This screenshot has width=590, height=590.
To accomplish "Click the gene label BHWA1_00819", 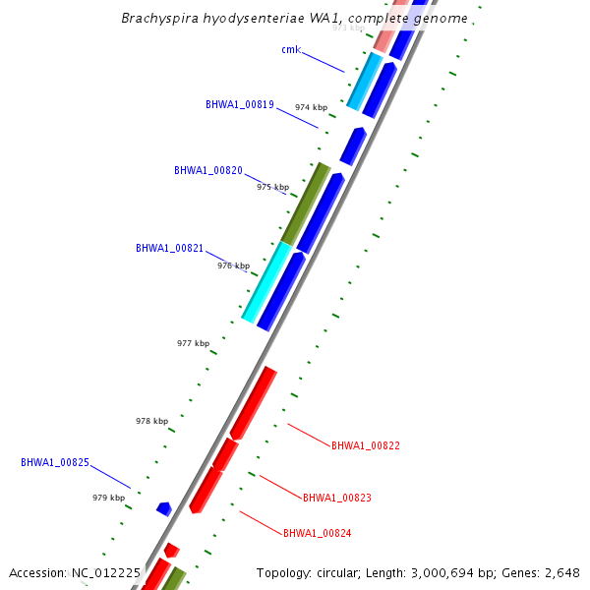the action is point(240,104).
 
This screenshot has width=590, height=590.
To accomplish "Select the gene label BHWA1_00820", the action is point(208,170).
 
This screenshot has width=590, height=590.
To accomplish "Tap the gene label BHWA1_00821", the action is point(169,248).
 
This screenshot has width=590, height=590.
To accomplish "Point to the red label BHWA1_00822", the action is point(366,445).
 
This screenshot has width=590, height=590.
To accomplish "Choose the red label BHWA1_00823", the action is point(337,498).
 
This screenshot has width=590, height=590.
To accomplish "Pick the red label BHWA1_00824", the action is point(317,533).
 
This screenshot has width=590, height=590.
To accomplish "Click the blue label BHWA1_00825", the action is point(55,461).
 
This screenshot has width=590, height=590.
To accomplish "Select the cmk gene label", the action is point(290,49).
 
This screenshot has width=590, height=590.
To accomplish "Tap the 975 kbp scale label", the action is point(273,187).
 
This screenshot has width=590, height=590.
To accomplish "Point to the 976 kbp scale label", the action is point(233,265).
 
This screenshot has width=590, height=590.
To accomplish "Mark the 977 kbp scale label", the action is point(193,343).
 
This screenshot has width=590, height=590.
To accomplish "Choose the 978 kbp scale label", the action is point(151,421).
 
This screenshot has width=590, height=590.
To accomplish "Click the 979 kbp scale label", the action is point(109,498).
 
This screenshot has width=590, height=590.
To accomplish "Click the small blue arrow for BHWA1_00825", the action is point(164,508).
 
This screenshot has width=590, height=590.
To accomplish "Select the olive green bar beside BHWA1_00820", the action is point(305,204).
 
